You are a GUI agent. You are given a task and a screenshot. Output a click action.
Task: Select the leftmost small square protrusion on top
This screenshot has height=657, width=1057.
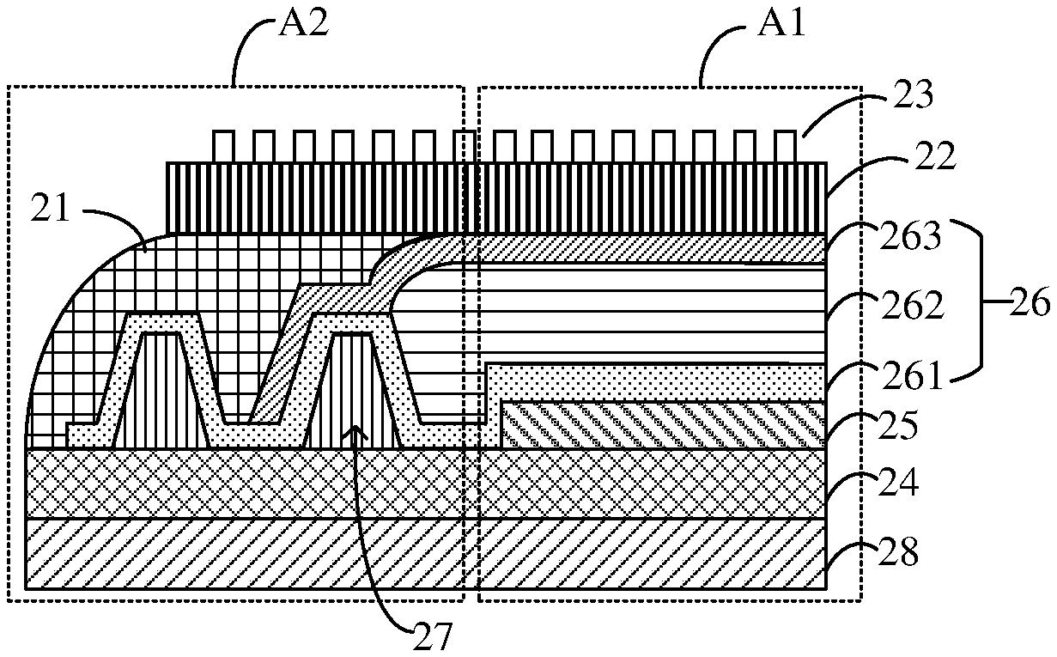pos(222,147)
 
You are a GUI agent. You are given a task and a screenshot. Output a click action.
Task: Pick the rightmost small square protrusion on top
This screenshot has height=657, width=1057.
pos(785,147)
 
